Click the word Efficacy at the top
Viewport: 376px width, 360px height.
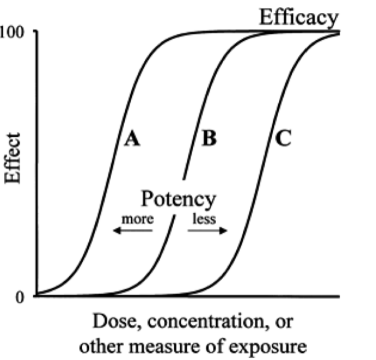(298, 18)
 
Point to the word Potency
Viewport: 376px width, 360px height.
(178, 199)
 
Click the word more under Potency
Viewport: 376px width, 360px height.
(137, 219)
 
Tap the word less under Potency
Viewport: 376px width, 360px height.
(204, 219)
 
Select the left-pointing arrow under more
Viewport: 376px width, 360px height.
(132, 231)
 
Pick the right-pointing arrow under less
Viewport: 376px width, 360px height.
(208, 231)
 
